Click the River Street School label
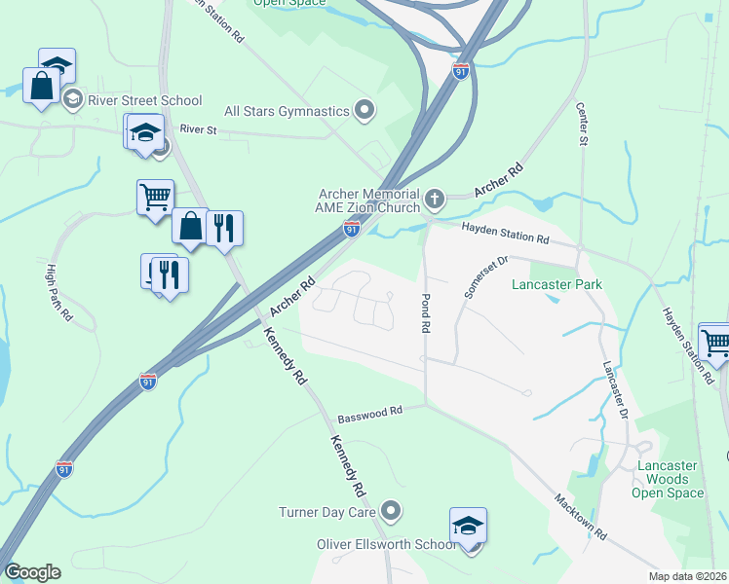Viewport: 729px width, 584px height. click(x=144, y=100)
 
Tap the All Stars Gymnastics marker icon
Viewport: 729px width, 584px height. click(x=365, y=110)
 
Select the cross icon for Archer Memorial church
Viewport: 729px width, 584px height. click(x=435, y=201)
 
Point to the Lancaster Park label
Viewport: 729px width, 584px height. click(x=557, y=284)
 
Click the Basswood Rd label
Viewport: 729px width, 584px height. click(x=369, y=414)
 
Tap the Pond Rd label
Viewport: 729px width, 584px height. click(x=426, y=312)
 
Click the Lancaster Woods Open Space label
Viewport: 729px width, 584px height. click(x=669, y=479)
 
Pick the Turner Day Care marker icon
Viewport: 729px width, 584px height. click(x=392, y=510)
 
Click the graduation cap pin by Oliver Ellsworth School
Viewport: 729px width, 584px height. click(x=468, y=526)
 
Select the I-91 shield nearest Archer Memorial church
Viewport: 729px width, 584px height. click(x=352, y=229)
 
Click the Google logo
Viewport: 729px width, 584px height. click(x=32, y=572)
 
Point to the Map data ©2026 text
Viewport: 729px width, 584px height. click(x=687, y=576)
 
